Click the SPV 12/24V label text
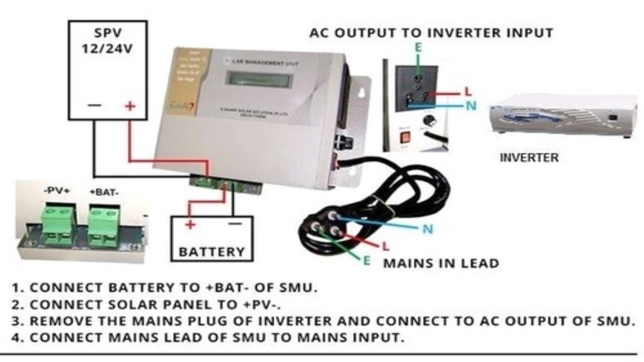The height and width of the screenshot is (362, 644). click(107, 41)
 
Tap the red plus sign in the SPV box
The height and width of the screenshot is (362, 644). click(130, 106)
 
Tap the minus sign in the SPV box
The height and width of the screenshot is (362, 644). click(95, 106)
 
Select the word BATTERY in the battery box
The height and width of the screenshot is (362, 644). click(212, 252)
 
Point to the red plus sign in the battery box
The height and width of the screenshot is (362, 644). click(190, 224)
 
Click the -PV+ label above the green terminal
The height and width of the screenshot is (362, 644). click(57, 191)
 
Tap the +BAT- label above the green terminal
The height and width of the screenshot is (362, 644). click(104, 192)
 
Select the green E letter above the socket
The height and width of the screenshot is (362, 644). click(418, 48)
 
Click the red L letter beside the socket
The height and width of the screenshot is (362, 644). click(468, 91)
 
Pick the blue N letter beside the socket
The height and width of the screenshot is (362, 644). click(471, 106)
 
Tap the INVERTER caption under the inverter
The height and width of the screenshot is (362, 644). click(529, 158)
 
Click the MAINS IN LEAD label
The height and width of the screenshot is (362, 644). click(441, 263)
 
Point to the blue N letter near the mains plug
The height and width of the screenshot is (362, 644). click(428, 229)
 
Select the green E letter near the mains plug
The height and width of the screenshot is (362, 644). click(367, 261)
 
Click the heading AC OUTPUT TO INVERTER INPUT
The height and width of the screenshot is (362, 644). click(431, 33)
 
